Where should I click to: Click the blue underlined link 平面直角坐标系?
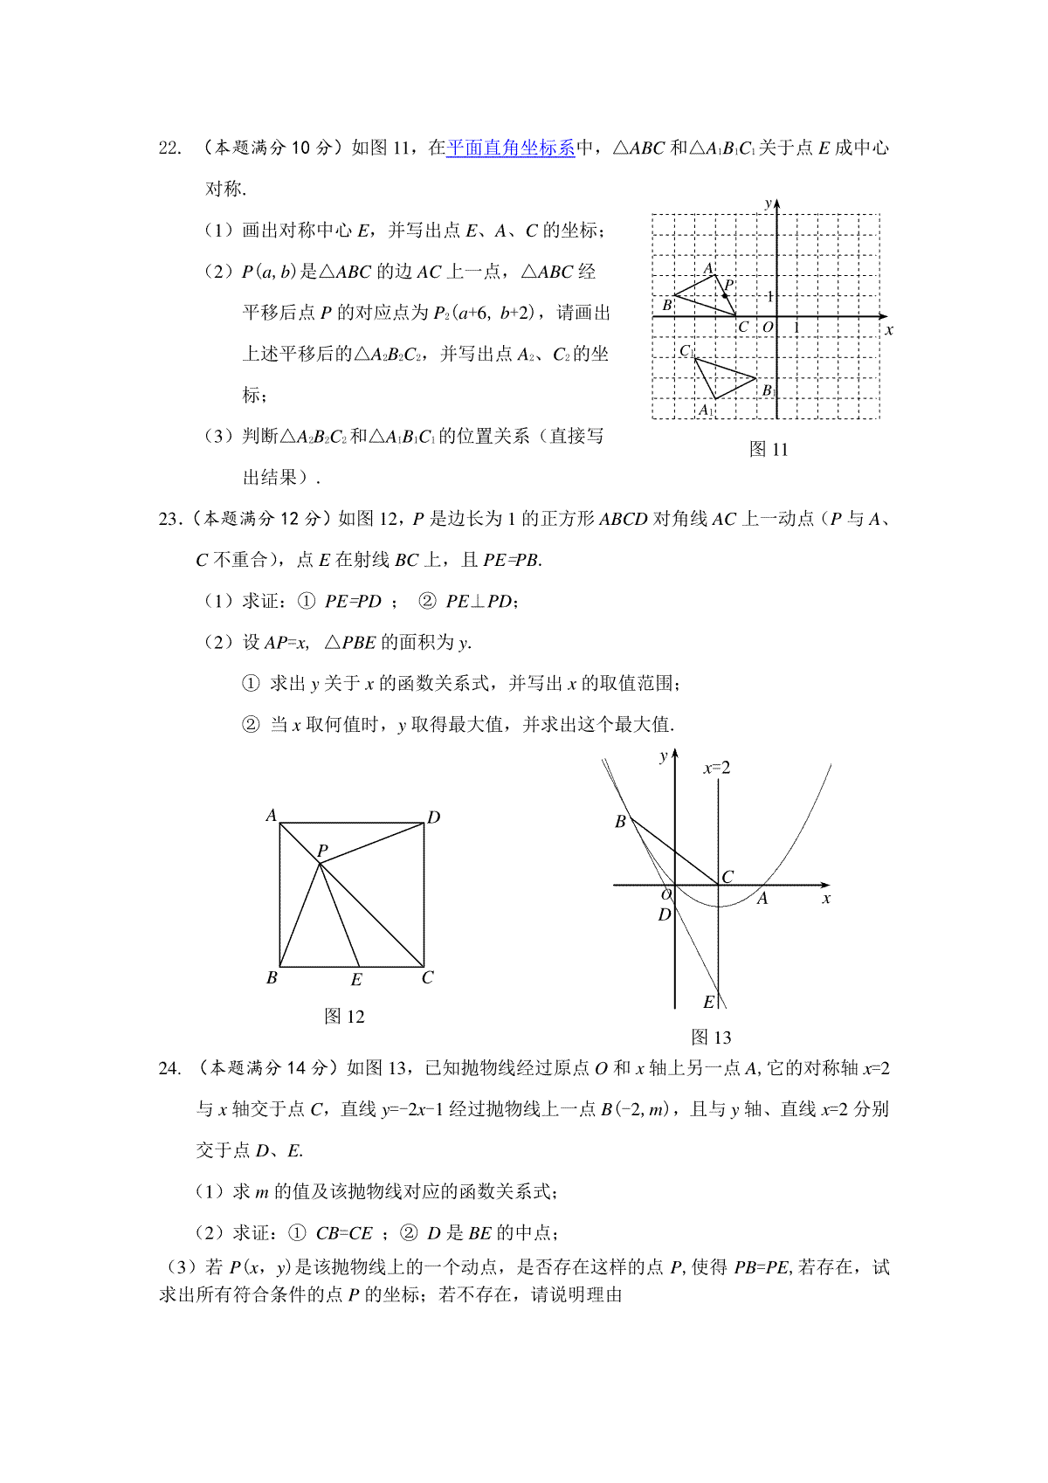point(510,148)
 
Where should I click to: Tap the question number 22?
point(169,148)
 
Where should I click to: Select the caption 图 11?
point(769,450)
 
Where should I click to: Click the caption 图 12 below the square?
point(344,1016)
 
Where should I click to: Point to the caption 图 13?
point(711,1037)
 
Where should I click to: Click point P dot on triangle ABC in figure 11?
point(725,296)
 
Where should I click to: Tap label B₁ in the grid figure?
point(769,390)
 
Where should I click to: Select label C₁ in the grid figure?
point(686,351)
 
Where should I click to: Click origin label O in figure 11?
point(768,328)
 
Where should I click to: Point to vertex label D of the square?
point(433,817)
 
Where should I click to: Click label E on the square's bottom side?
point(356,980)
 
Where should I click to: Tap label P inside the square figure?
point(322,851)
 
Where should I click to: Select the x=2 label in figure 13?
point(717,768)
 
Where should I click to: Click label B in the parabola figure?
point(620,821)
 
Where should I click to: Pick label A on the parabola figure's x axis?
point(762,899)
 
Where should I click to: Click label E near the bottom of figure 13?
point(708,1002)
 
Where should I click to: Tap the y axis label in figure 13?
point(664,756)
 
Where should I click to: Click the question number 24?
point(169,1067)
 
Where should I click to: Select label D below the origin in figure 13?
point(665,914)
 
